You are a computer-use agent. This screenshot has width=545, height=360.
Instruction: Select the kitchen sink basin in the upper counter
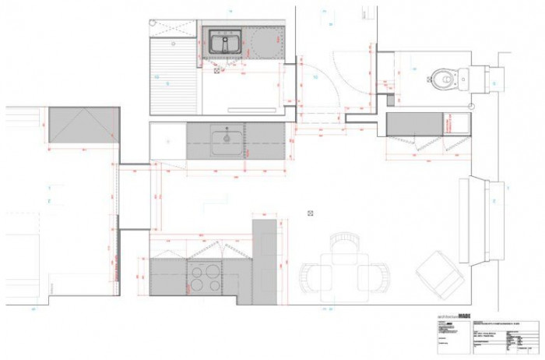click(x=227, y=139)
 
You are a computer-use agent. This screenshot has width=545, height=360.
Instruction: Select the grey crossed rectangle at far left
click(x=83, y=125)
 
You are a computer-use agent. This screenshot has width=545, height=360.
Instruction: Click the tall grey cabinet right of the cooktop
click(x=265, y=261)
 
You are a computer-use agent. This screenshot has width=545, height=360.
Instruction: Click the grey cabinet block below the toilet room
click(x=414, y=124)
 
